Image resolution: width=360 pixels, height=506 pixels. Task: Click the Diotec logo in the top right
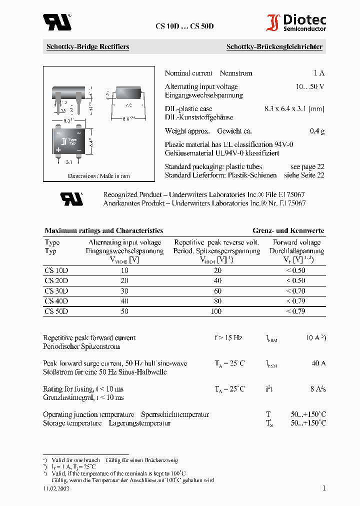pos(296,23)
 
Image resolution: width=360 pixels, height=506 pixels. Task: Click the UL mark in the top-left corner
pos(56,22)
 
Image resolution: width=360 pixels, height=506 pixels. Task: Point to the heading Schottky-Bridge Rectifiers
pos(87,47)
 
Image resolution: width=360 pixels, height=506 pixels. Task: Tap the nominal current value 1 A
pos(319,73)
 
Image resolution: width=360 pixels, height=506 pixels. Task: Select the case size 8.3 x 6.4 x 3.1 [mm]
pos(294,108)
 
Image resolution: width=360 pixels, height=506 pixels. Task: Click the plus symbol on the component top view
pos(58,149)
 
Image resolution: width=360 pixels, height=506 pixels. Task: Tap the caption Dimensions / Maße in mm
pos(98,176)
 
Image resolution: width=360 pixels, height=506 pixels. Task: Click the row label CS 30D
pos(56,291)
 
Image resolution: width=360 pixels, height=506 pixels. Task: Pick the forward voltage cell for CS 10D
pos(295,270)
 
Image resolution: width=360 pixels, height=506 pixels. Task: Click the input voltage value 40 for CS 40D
pos(124,301)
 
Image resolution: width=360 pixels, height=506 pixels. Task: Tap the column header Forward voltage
pos(298,242)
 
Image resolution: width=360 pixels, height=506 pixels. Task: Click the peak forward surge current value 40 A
pos(318,363)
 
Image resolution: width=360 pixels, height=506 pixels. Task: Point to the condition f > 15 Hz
pos(228,338)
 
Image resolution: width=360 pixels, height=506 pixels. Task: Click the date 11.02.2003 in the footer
pos(56,488)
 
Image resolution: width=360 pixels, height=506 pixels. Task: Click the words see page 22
pos(307,166)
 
